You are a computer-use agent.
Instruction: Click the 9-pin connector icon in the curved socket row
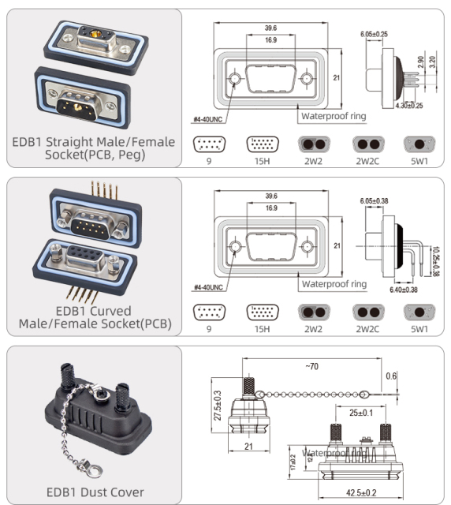(x=208, y=312)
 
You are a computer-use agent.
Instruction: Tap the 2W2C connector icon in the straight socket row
(x=367, y=144)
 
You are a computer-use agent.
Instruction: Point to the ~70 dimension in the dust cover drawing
(x=312, y=367)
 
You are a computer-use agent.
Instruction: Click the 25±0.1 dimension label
(x=355, y=412)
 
